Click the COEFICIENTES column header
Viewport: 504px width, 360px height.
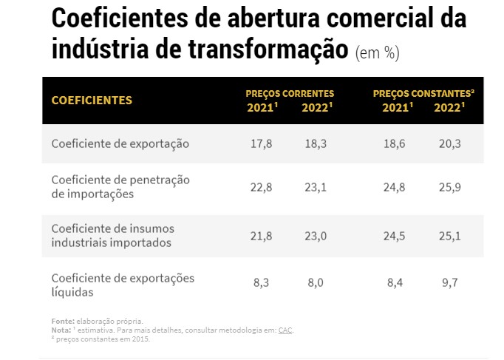92,100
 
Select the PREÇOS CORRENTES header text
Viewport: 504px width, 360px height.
290,94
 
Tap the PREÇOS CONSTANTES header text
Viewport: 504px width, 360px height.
423,94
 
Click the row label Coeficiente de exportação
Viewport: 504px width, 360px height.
120,143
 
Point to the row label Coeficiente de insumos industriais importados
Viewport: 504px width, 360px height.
113,234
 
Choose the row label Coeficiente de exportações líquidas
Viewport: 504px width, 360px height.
123,285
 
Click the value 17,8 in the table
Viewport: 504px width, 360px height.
262,143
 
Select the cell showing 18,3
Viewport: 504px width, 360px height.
316,143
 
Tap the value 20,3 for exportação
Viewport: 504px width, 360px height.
449,143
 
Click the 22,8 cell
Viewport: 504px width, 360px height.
262,188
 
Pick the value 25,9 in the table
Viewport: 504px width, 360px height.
449,188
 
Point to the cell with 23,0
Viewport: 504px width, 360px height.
316,235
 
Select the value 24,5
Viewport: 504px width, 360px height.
394,235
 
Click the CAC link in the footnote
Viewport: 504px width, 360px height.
285,330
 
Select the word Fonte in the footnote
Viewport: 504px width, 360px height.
62,322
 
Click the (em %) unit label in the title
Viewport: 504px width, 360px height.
378,53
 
